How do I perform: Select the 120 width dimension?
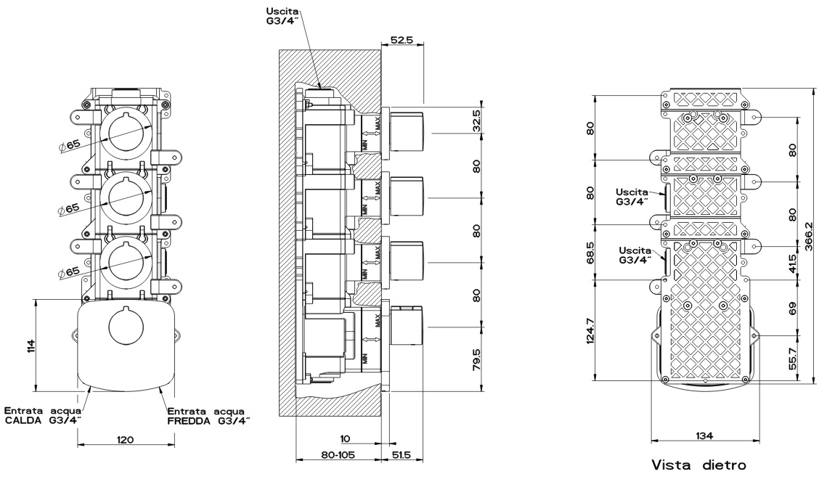coord(128,440)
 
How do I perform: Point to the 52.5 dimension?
coord(401,41)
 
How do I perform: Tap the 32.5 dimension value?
coord(476,120)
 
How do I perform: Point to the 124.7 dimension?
coord(590,330)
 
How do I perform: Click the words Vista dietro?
coord(698,464)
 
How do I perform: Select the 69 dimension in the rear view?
coord(793,307)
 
